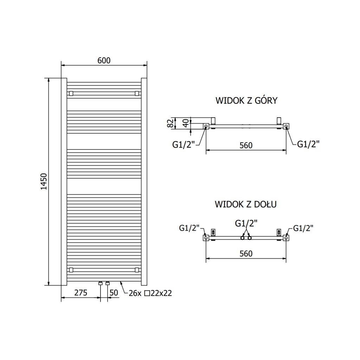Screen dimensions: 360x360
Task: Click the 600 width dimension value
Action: [x=104, y=60]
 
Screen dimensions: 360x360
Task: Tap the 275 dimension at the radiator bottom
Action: [x=81, y=293]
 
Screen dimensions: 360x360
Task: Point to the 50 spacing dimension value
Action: [x=114, y=293]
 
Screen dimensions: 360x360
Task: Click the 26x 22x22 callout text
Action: [x=150, y=293]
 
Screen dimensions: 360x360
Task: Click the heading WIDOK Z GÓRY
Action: [x=246, y=101]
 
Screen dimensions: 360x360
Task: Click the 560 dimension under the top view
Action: [x=246, y=145]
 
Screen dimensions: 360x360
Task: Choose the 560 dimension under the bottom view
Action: [x=246, y=253]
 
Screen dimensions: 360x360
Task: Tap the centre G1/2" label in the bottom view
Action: [x=246, y=223]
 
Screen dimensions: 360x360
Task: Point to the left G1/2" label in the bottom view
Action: [x=189, y=228]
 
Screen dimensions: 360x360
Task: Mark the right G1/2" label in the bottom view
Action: [x=303, y=228]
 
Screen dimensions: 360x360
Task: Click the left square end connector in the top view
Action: [x=206, y=126]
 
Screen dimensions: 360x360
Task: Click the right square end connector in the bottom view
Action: [x=286, y=238]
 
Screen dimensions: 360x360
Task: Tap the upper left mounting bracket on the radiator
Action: [x=71, y=94]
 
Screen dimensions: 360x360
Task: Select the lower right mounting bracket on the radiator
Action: [x=137, y=270]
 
